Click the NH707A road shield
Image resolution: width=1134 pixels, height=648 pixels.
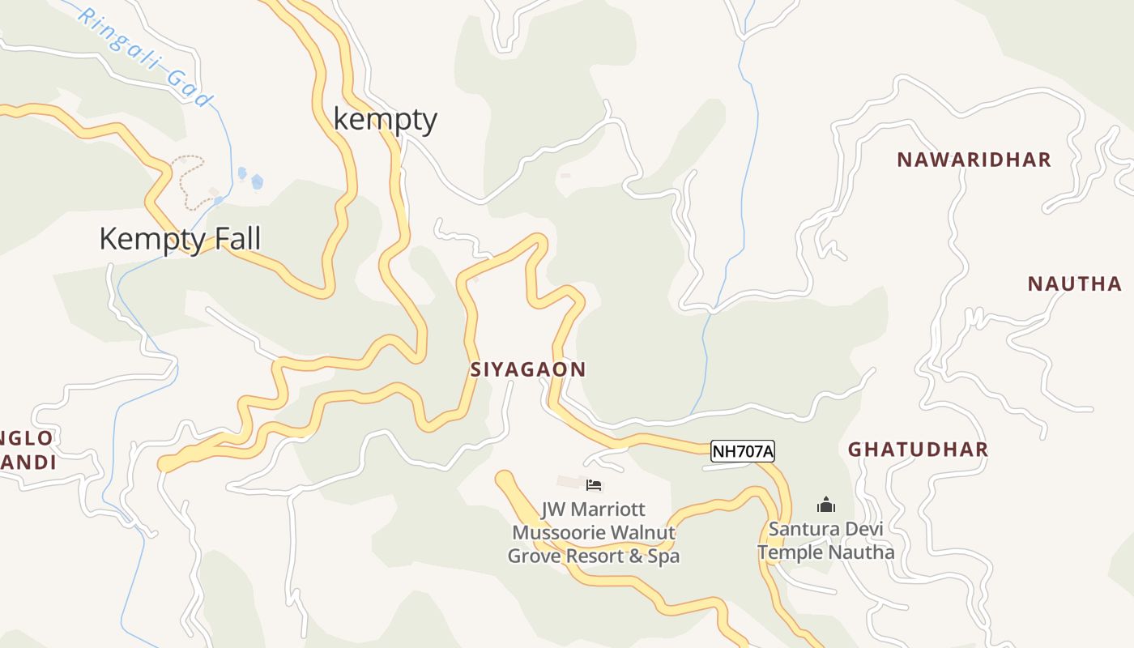[x=743, y=451]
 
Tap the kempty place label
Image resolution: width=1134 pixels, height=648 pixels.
[x=386, y=119]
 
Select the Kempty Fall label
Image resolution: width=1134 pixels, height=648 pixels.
[x=180, y=239]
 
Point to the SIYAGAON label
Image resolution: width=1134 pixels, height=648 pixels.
[x=529, y=369]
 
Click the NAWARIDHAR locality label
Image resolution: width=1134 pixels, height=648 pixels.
[x=974, y=160]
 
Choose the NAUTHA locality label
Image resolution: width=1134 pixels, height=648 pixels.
[x=1075, y=284]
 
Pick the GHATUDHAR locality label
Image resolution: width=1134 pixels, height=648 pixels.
[x=918, y=450]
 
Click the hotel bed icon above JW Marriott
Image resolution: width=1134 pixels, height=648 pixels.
[x=594, y=485]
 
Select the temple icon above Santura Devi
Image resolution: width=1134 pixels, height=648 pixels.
[x=826, y=505]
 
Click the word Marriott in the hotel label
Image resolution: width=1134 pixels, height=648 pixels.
[x=608, y=509]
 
